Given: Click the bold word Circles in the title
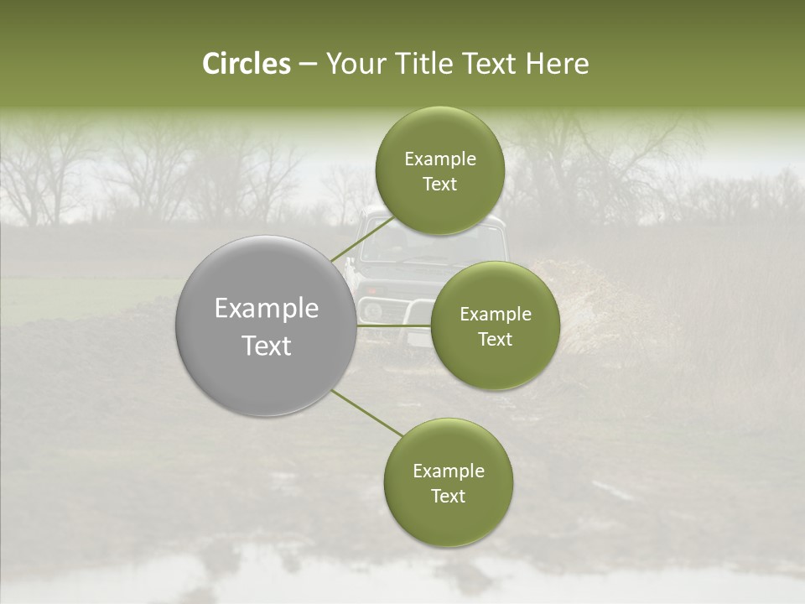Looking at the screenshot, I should click(x=246, y=64).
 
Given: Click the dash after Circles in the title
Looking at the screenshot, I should click(x=308, y=65).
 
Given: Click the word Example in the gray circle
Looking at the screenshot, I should click(x=267, y=309).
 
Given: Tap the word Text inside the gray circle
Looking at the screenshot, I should click(x=267, y=346).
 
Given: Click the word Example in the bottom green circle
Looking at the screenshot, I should click(x=448, y=471).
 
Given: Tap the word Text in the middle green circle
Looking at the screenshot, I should click(x=495, y=340).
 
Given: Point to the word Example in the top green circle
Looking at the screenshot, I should click(x=439, y=159).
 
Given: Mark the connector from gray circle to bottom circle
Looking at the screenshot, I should click(x=367, y=413).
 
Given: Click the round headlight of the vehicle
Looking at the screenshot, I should click(x=373, y=310).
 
